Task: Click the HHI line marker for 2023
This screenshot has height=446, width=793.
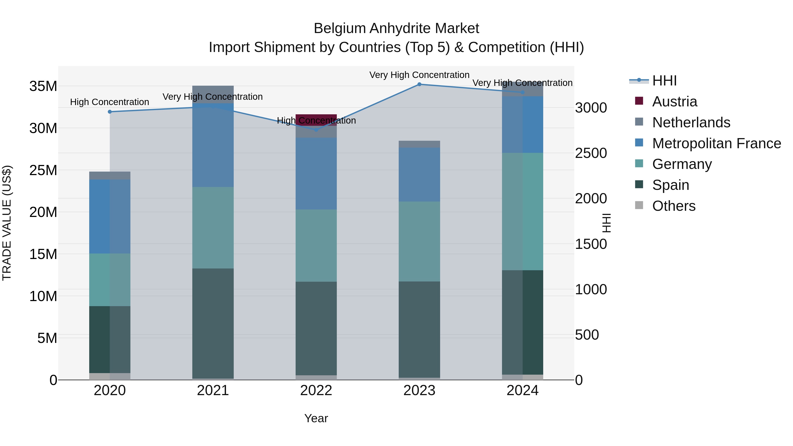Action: [x=419, y=84]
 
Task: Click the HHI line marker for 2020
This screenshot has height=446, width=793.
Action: [x=110, y=112]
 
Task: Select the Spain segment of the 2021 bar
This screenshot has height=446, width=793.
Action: [x=213, y=323]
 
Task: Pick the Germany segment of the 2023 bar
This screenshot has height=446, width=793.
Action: [x=419, y=241]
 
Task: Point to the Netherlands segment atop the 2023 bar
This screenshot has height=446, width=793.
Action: [x=419, y=144]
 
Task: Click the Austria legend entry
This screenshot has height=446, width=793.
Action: [x=674, y=102]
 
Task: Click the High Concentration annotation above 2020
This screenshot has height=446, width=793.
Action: [x=110, y=102]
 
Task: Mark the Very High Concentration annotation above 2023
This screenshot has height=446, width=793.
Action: [x=419, y=75]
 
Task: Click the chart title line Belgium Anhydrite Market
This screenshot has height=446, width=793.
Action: [x=396, y=28]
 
